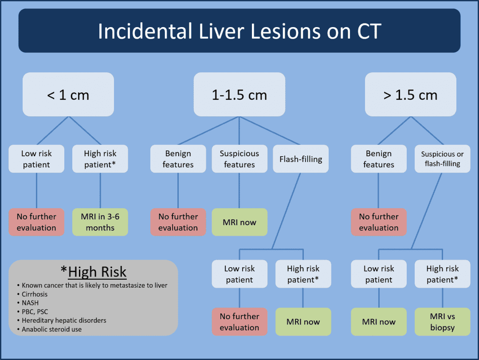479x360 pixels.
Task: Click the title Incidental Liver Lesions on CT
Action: pyautogui.click(x=239, y=31)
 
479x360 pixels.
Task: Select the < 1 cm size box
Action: pyautogui.click(x=68, y=95)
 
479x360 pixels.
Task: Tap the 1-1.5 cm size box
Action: pyautogui.click(x=239, y=95)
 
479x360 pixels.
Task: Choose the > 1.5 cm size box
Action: pyautogui.click(x=410, y=95)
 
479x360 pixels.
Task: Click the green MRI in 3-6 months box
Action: pyautogui.click(x=100, y=222)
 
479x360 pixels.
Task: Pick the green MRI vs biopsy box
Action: pyautogui.click(x=442, y=322)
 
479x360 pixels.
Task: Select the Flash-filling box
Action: pyautogui.click(x=301, y=159)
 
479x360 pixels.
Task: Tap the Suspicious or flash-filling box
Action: pyautogui.click(x=442, y=159)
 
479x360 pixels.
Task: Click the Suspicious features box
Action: pyautogui.click(x=239, y=159)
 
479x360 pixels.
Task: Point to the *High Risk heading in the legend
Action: pyautogui.click(x=94, y=272)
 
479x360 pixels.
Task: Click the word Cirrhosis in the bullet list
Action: pyautogui.click(x=35, y=294)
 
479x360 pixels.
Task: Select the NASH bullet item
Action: pyautogui.click(x=30, y=303)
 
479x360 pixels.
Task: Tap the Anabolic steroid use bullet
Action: pyautogui.click(x=51, y=329)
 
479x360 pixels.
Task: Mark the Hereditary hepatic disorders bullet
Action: pyautogui.click(x=64, y=320)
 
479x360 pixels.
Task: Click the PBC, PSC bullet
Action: pyautogui.click(x=35, y=312)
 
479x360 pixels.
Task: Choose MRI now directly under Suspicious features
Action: pyautogui.click(x=239, y=222)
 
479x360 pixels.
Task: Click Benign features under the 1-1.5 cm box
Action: pyautogui.click(x=178, y=159)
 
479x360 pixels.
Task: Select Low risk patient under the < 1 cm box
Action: pyautogui.click(x=36, y=159)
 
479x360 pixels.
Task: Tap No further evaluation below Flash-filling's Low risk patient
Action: pyautogui.click(x=239, y=322)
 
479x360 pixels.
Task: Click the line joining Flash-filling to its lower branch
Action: pyautogui.click(x=286, y=211)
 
